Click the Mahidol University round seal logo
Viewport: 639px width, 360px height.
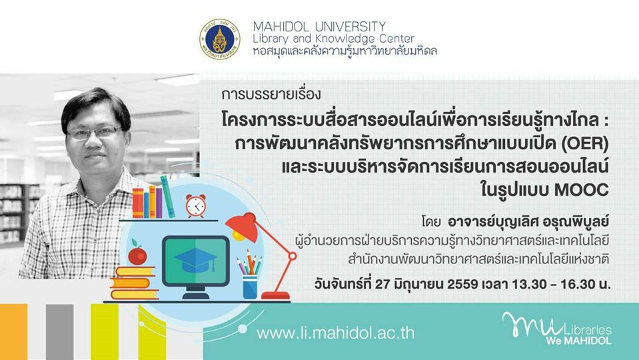point(219,39)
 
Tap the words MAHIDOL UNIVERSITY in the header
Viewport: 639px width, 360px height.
point(319,27)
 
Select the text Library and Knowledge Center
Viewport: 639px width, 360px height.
point(333,39)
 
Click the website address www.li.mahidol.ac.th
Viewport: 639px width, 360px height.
point(335,333)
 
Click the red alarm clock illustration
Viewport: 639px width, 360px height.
point(196,205)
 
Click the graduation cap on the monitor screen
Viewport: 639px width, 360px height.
point(195,259)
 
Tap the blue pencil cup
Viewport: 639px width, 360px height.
point(250,287)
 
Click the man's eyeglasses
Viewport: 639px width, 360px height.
point(95,133)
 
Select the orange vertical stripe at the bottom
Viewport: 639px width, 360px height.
point(14,331)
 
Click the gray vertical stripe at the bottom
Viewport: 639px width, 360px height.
point(59,331)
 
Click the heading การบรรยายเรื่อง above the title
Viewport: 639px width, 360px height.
point(271,95)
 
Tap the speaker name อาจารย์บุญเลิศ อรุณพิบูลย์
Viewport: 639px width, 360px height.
point(528,221)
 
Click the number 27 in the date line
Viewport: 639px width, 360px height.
point(382,284)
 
